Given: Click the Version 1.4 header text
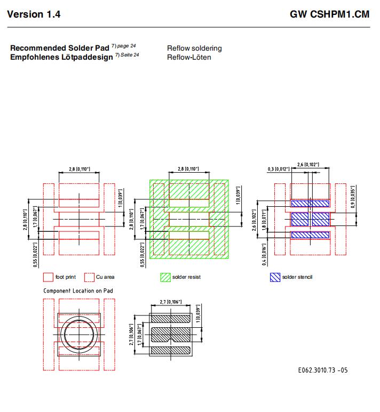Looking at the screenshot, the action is [34, 14].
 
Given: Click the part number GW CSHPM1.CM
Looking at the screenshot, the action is [329, 14].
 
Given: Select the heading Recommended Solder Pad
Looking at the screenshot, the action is [59, 48].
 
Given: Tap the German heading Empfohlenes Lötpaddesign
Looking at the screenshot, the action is [61, 57].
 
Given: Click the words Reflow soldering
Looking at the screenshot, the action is [194, 49].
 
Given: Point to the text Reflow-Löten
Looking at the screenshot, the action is [189, 57].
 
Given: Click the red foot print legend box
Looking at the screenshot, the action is [48, 277].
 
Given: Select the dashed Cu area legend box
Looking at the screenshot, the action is [89, 277].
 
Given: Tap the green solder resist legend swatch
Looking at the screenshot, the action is [165, 277].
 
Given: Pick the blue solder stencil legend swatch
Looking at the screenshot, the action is [275, 277].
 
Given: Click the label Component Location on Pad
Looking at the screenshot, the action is [78, 290].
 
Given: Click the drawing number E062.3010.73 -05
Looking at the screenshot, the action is [323, 370].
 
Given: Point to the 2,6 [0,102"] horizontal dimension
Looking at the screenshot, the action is [308, 165].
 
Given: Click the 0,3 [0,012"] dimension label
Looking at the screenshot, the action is [279, 169].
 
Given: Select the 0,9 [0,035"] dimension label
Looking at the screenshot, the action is [353, 197].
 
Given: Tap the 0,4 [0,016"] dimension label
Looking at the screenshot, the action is [264, 254].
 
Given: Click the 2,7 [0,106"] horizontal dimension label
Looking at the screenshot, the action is [171, 302].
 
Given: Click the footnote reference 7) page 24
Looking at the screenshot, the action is [123, 46].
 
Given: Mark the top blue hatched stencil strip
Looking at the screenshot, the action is [310, 204].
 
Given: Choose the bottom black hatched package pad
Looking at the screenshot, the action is [171, 350].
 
